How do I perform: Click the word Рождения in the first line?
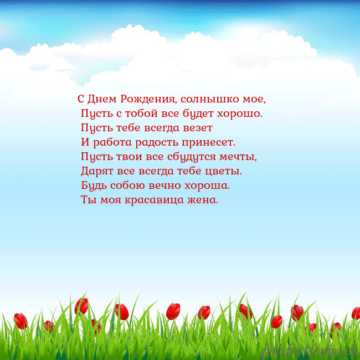149,99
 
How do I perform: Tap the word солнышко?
210,99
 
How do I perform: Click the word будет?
198,114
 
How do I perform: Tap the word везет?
198,128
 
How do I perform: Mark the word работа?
112,142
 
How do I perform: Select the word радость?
157,142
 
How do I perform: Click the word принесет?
209,142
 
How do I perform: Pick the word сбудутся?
192,157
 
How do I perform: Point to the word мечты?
238,157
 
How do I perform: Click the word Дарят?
97,171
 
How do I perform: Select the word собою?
128,185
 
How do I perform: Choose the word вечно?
165,186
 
